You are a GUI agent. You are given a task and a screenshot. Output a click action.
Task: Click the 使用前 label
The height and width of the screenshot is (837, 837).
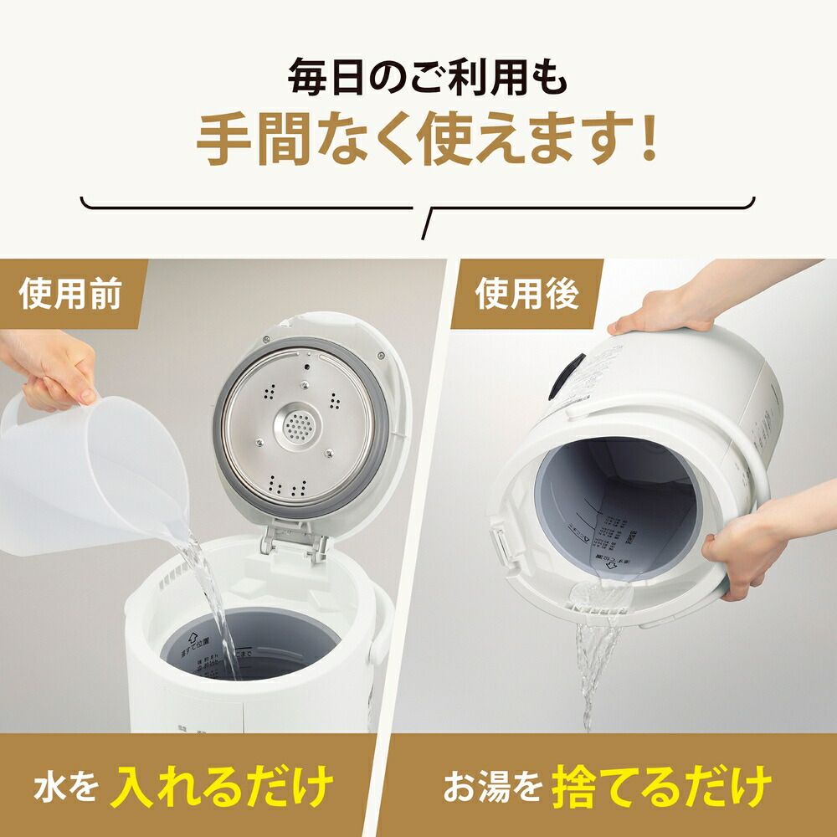click(x=72, y=296)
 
